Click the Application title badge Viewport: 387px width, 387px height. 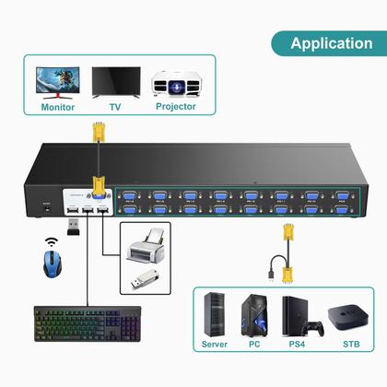coord(331,42)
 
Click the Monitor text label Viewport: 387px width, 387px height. coord(58,106)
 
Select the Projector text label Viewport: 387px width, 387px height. coord(175,106)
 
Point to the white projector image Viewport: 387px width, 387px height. coord(175,82)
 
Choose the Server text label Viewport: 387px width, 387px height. coord(215,345)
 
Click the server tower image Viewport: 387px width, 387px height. coord(215,313)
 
